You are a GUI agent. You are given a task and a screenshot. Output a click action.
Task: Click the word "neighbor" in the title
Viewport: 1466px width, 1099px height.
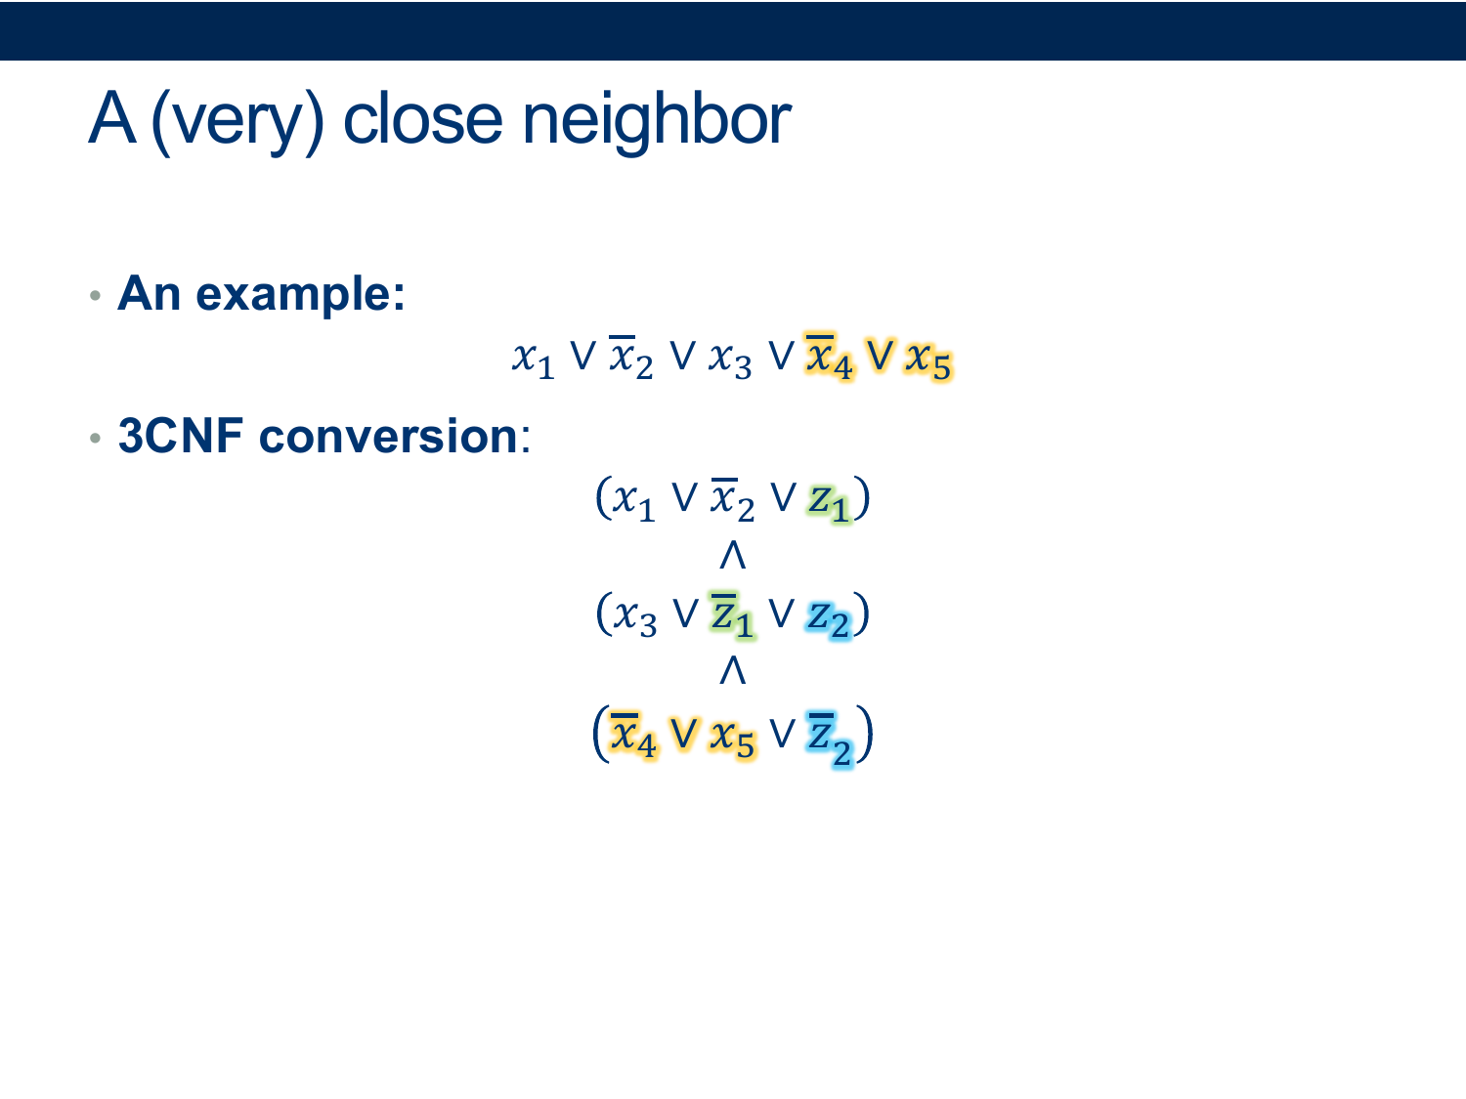656,121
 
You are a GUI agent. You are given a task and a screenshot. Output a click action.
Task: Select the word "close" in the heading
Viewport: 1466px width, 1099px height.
422,119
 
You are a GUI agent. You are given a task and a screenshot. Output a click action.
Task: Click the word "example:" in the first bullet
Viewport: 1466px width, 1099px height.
300,294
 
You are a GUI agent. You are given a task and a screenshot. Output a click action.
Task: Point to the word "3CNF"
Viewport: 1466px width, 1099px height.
181,436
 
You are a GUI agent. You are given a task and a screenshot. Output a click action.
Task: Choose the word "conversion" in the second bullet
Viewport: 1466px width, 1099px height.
388,436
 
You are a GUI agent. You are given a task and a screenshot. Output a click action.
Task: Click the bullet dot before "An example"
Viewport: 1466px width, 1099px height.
95,295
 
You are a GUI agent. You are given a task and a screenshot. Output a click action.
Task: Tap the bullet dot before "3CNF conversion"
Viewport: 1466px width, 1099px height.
95,438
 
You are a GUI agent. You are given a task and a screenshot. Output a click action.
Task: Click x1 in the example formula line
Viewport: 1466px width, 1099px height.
533,360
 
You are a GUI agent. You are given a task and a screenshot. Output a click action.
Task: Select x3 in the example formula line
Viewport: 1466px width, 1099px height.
730,360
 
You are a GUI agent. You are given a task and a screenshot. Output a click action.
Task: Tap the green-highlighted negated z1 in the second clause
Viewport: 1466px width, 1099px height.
732,615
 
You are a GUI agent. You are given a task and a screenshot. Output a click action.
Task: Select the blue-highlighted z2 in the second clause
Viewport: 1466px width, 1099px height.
828,619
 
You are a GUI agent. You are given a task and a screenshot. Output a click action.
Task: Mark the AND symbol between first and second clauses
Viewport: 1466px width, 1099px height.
733,555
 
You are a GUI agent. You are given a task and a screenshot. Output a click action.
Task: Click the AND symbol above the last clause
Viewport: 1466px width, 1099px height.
733,670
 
